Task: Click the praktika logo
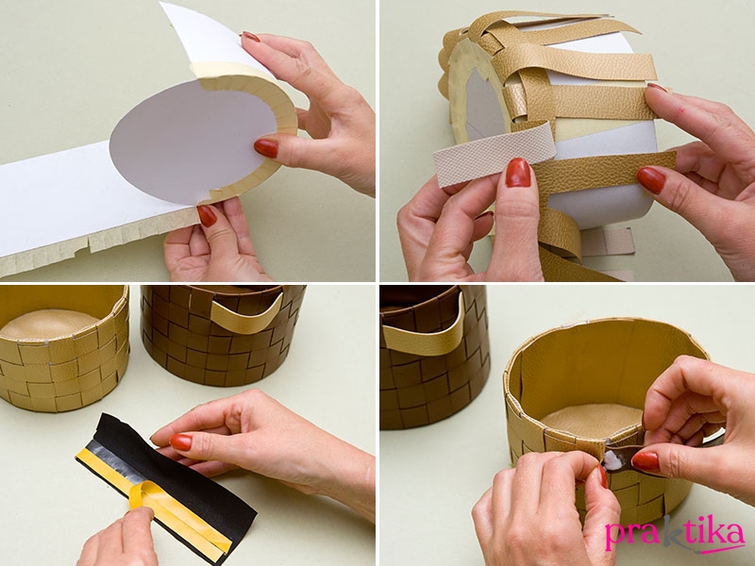[675, 534]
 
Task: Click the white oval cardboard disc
[193, 141]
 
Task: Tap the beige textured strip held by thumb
[494, 155]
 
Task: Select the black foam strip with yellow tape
[166, 487]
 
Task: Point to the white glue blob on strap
[612, 460]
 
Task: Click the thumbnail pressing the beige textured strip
[517, 173]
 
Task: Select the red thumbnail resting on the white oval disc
[266, 148]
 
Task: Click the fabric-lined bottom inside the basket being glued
[594, 420]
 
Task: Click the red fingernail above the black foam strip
[180, 441]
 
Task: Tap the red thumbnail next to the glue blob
[646, 461]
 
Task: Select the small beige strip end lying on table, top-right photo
[608, 241]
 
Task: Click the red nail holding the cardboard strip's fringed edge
[207, 216]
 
